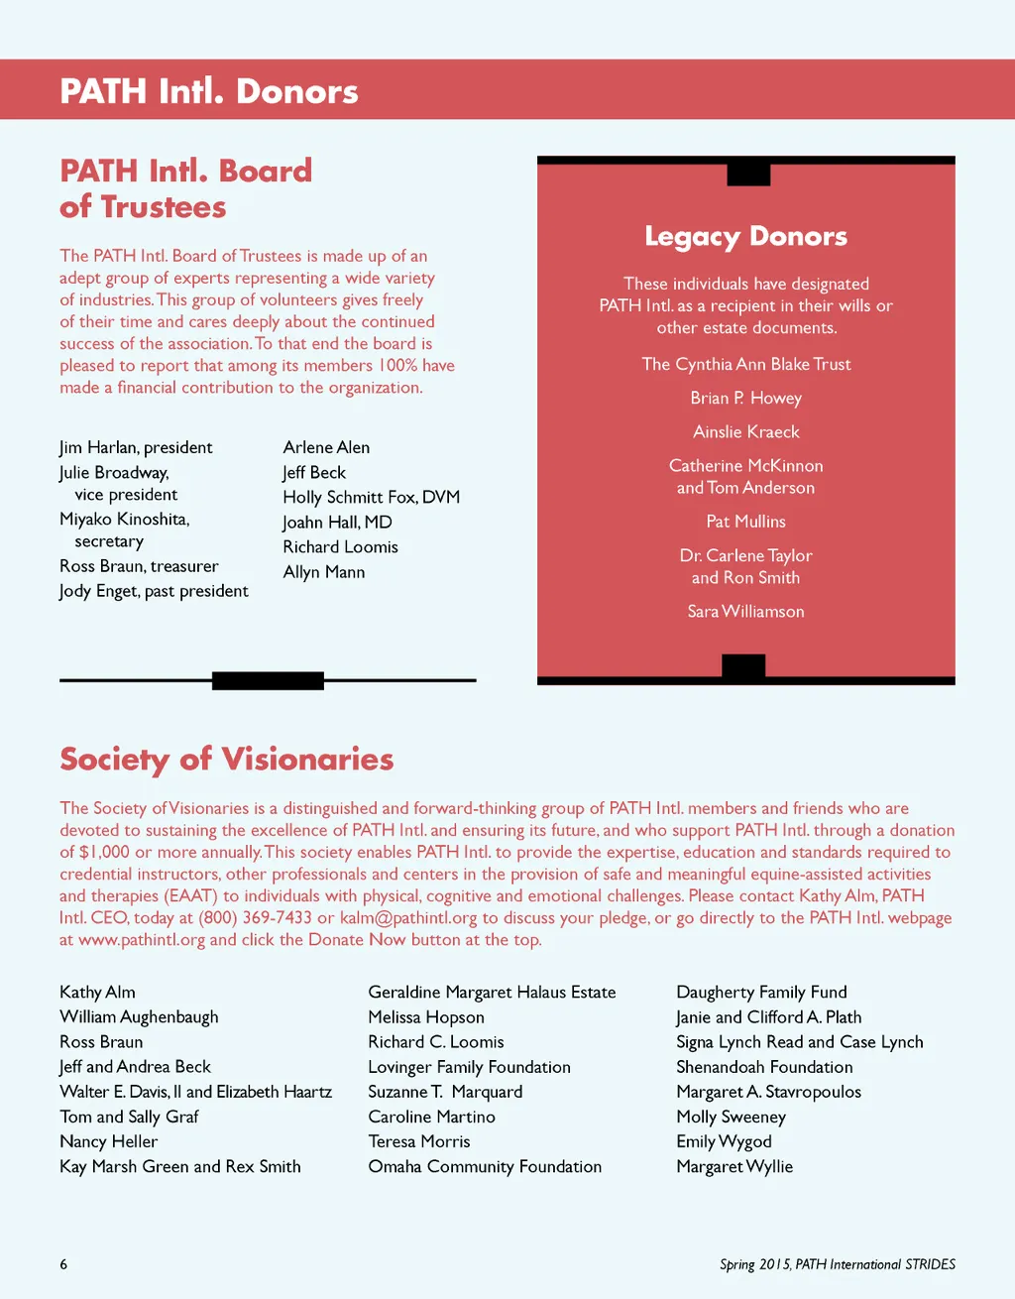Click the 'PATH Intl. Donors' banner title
click(x=209, y=91)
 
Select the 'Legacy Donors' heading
click(x=745, y=237)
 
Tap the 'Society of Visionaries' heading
click(x=227, y=760)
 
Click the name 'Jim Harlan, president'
click(x=136, y=447)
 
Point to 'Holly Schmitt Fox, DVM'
click(x=372, y=497)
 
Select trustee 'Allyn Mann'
click(x=324, y=572)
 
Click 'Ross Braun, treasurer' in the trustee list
click(x=139, y=566)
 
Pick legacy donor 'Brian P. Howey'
click(x=745, y=399)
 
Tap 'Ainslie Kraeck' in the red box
click(x=745, y=432)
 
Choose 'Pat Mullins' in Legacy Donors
click(x=745, y=522)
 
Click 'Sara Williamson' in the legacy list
click(x=745, y=612)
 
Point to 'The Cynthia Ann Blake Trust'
click(x=745, y=365)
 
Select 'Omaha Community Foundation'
click(x=485, y=1167)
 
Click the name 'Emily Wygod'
click(x=724, y=1142)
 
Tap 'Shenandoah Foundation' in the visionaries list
click(x=764, y=1068)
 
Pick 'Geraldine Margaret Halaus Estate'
click(x=492, y=993)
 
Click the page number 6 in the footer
click(x=63, y=1264)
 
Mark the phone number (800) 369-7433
click(x=256, y=918)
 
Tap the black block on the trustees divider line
click(x=268, y=680)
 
